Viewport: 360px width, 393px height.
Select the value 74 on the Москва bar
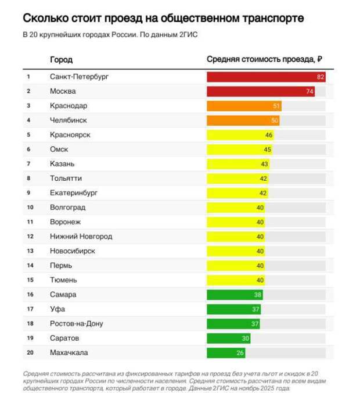(x=310, y=91)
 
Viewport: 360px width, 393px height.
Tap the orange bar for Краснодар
(x=241, y=106)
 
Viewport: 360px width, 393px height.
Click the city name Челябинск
(x=69, y=120)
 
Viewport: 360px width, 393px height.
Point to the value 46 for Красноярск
(x=269, y=135)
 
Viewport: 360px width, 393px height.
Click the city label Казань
(x=62, y=164)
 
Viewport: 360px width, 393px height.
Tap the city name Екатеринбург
(x=74, y=193)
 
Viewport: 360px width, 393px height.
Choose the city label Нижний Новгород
(x=81, y=237)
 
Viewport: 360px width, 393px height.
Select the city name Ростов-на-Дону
(x=77, y=324)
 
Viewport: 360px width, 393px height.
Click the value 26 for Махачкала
(x=240, y=353)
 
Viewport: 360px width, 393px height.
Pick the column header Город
(x=62, y=60)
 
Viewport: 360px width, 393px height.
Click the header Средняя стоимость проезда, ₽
(x=265, y=60)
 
